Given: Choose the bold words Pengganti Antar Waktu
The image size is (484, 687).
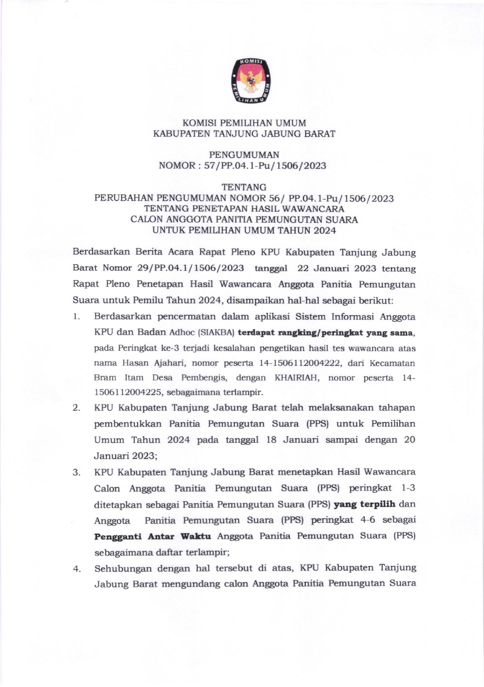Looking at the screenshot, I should coord(153,536).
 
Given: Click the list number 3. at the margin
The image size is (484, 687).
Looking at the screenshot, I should coord(76,473).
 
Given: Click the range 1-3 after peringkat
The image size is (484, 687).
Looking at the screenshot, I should coord(408,488).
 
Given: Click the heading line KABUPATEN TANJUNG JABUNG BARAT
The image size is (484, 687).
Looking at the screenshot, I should coord(244,134).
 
